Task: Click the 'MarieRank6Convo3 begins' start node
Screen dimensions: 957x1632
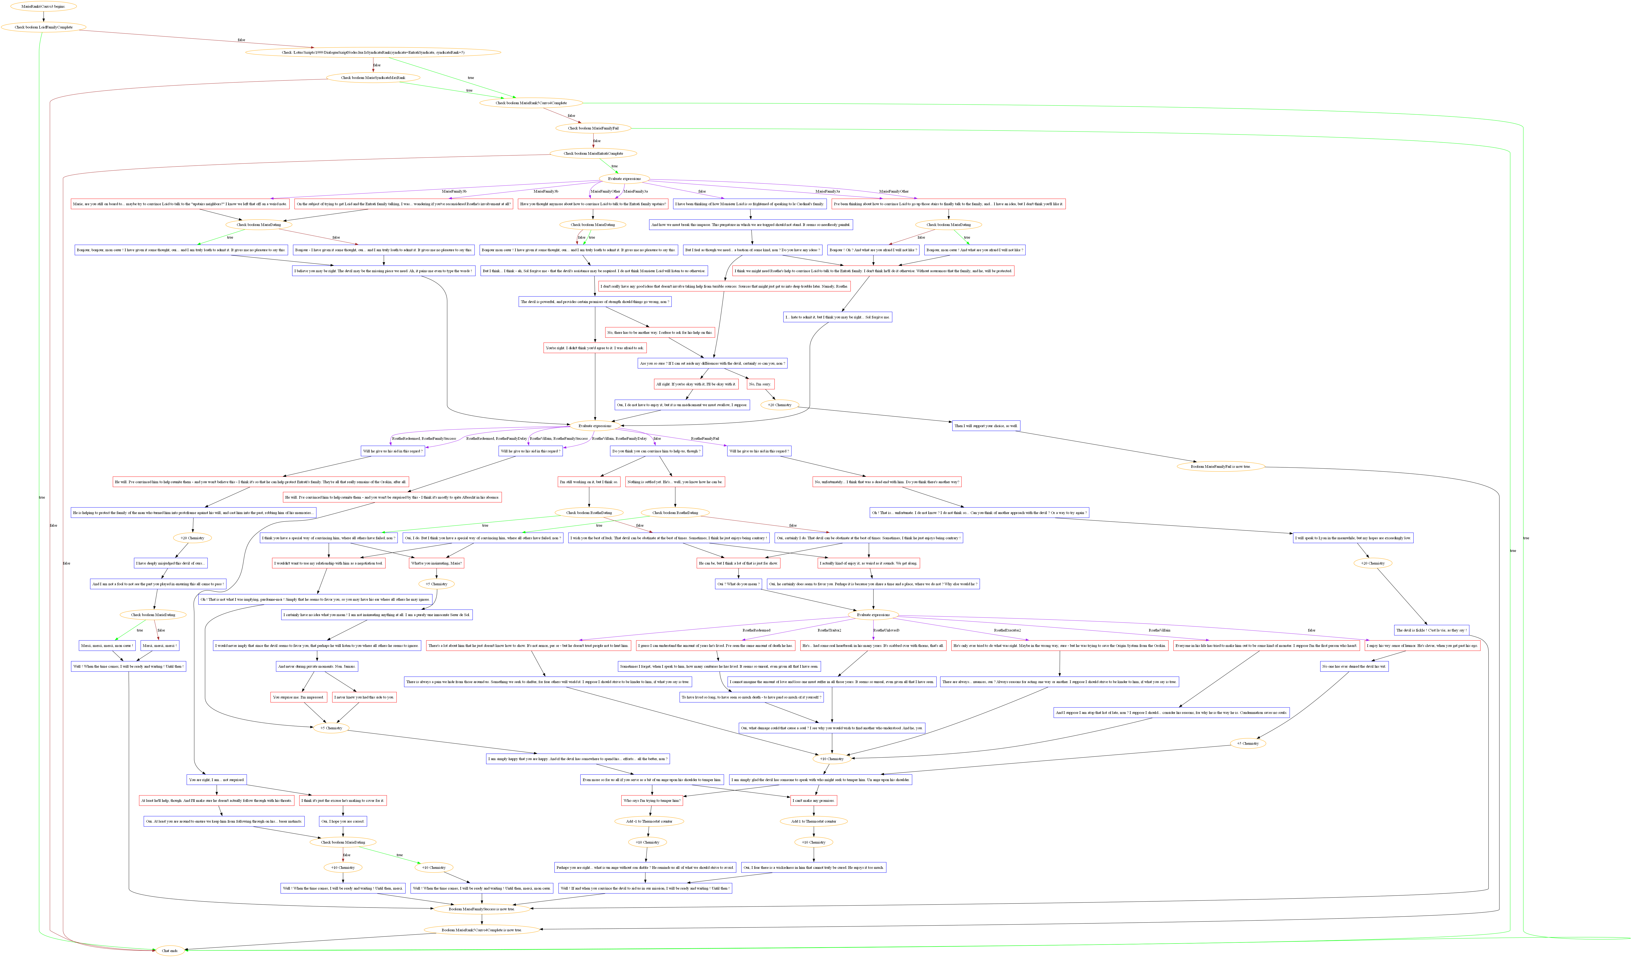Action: [43, 6]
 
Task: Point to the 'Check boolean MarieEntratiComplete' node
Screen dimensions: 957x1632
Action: [593, 154]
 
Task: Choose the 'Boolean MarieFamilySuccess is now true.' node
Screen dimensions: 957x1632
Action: [482, 909]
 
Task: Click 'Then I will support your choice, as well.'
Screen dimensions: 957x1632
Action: [986, 426]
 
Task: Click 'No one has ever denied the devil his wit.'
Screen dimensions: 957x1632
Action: [1354, 666]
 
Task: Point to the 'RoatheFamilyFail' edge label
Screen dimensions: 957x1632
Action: [705, 439]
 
